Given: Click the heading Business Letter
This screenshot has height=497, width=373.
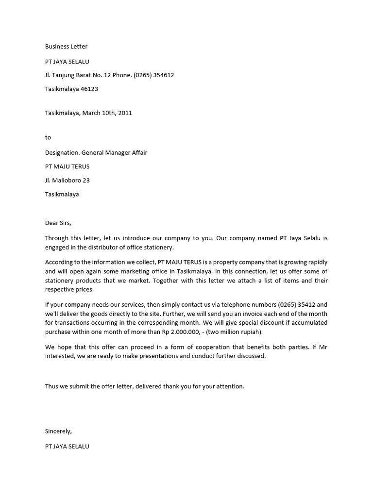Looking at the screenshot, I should tap(66, 47).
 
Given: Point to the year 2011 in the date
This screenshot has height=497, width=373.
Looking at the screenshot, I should tap(124, 113).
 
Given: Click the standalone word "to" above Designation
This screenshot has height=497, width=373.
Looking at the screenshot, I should tap(48, 137).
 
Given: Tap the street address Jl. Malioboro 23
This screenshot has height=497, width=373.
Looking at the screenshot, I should tap(67, 180).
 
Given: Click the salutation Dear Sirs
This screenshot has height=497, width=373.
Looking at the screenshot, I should tap(58, 223).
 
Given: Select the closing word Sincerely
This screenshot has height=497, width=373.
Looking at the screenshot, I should tap(58, 431).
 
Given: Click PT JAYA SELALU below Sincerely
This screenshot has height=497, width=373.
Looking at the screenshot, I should tap(67, 446).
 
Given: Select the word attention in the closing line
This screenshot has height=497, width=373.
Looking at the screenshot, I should tap(230, 386).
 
